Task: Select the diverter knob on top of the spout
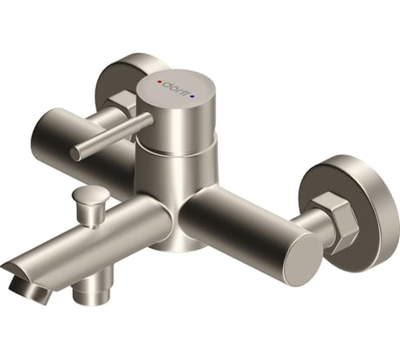pos(88,203)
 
